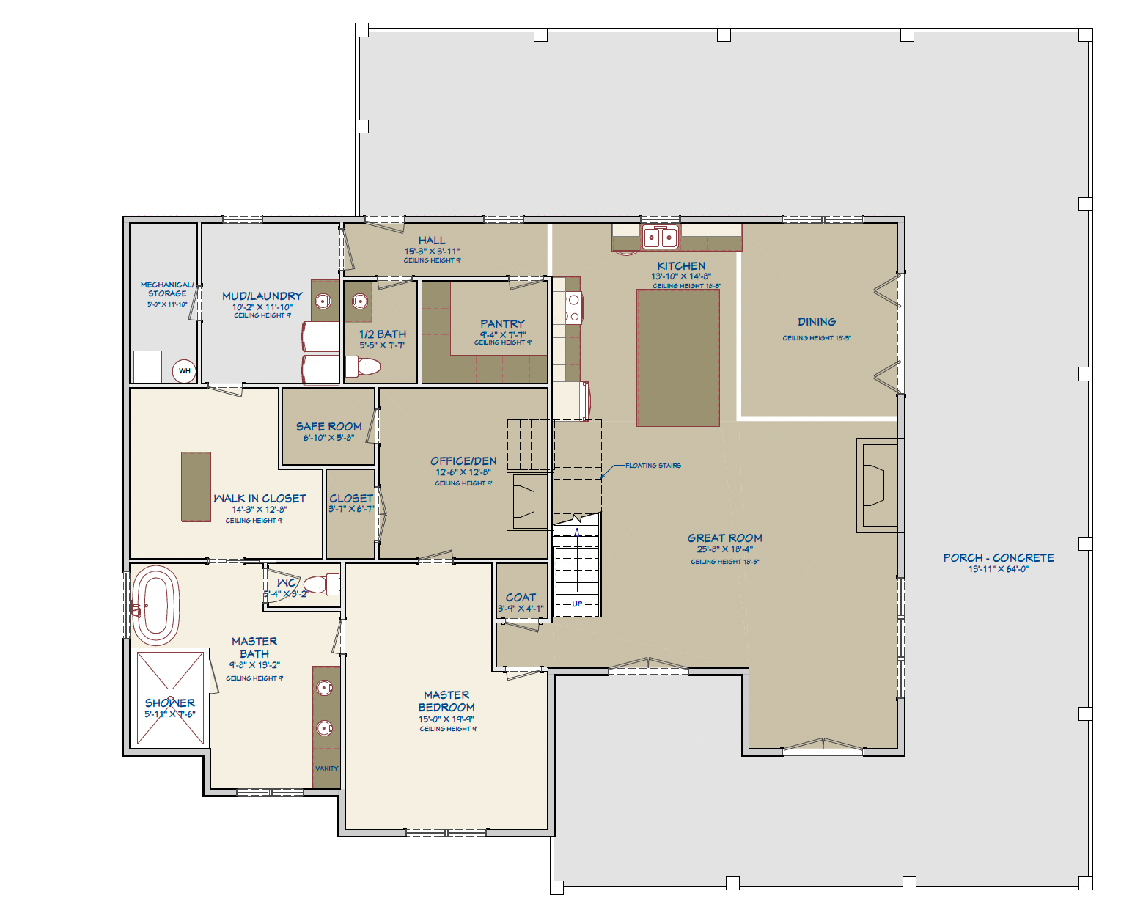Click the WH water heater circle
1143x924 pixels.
tap(184, 371)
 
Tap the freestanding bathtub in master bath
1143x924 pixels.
tap(155, 605)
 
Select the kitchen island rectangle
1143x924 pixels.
tap(677, 358)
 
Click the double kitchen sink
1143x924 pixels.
tap(660, 238)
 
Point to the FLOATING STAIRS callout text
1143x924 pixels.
tap(653, 466)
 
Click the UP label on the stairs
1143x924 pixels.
tap(577, 604)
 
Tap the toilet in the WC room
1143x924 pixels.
tap(321, 584)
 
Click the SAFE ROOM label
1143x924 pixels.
tap(328, 426)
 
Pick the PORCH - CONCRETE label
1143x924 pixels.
tap(998, 558)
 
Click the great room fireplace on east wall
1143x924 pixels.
tap(875, 485)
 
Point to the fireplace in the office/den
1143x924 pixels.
tap(526, 502)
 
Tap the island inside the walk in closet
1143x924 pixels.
tap(196, 487)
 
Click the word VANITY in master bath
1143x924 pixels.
tap(326, 769)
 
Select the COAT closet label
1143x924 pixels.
tap(521, 597)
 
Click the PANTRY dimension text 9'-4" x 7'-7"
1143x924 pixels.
tap(502, 334)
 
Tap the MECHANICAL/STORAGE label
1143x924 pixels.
tap(167, 289)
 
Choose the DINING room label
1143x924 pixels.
tap(817, 322)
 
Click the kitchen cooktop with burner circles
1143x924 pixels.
tap(573, 308)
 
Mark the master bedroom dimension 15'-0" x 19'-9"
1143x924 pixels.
tap(446, 719)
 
